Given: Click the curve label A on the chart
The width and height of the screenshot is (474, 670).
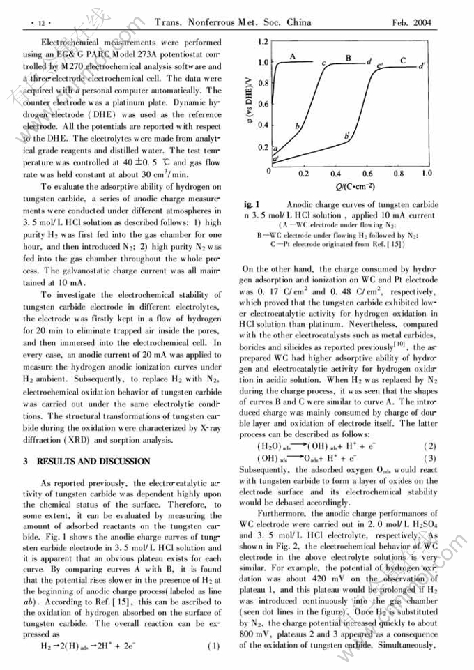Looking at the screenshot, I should point(293,56).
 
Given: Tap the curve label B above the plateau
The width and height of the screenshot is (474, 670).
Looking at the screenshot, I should point(349,58).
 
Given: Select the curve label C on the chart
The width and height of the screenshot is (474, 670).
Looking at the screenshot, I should point(403,61).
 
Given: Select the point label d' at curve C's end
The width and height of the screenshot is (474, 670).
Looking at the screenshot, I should point(422,67).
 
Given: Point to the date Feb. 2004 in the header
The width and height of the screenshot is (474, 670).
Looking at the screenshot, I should point(411,22).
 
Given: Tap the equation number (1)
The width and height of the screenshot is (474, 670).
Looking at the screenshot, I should point(214,646).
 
